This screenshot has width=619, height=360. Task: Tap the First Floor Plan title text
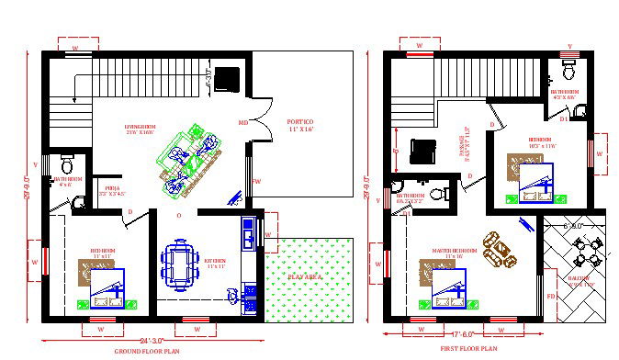tap(468, 349)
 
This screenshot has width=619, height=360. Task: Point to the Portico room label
tap(299, 126)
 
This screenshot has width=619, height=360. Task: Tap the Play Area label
tap(303, 276)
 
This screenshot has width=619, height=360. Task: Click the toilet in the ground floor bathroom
tap(78, 199)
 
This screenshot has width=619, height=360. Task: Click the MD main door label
tap(243, 122)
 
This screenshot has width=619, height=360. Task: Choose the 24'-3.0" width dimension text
tap(152, 341)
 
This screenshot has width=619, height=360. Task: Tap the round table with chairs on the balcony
tap(585, 249)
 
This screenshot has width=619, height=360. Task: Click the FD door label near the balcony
tap(552, 296)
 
